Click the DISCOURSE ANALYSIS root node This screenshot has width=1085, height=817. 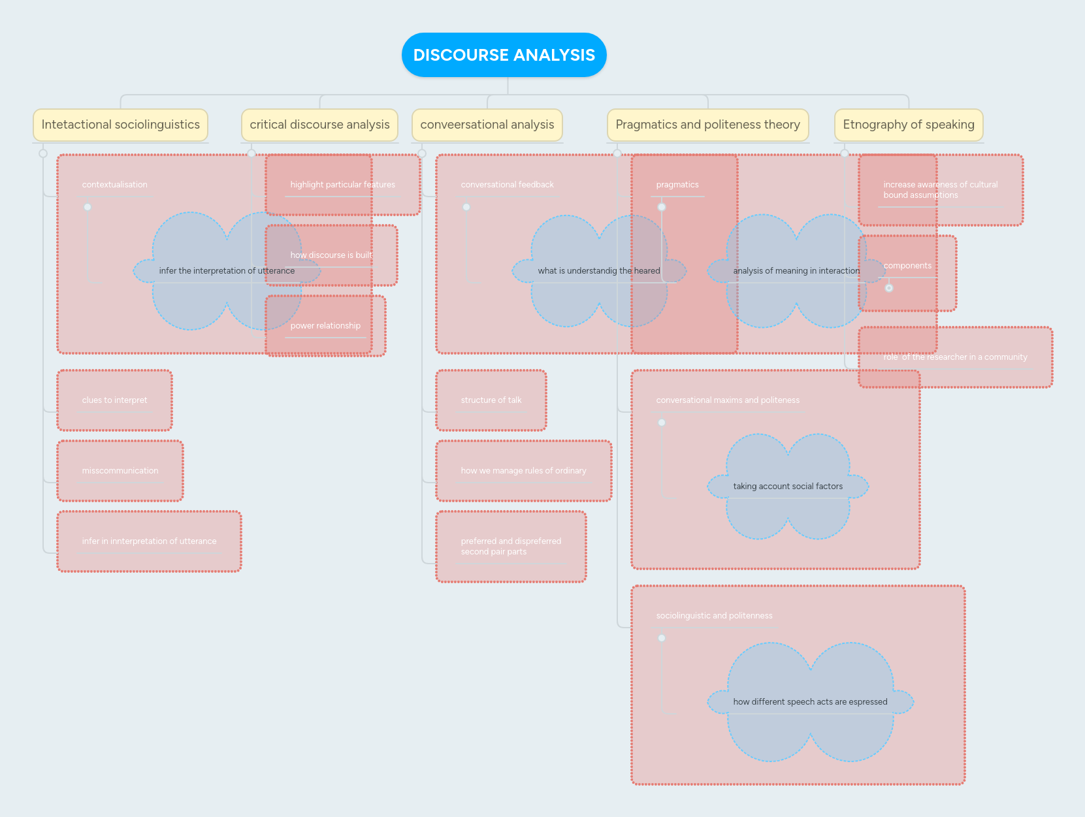click(x=504, y=55)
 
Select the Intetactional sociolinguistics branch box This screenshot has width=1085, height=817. click(x=121, y=125)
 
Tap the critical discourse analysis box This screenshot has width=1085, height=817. click(x=319, y=125)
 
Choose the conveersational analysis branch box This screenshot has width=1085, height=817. click(x=487, y=125)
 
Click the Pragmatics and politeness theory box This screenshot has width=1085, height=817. click(x=707, y=125)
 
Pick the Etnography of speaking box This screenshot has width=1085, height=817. click(x=908, y=125)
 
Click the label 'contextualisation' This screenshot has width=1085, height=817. click(x=115, y=185)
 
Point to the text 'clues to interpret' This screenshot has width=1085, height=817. click(x=115, y=400)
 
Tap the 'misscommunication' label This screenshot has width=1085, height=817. click(x=120, y=471)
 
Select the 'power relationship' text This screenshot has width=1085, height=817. click(x=325, y=326)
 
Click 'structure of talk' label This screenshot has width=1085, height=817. click(x=491, y=400)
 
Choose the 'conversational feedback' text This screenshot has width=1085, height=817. click(x=507, y=185)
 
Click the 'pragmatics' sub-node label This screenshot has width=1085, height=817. click(x=677, y=185)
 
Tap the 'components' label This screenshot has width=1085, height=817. click(x=907, y=266)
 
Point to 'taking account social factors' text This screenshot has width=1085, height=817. click(x=788, y=487)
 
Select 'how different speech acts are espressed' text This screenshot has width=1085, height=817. click(x=810, y=702)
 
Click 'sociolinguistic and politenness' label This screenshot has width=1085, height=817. click(x=714, y=616)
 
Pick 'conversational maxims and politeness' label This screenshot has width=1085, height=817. click(x=728, y=400)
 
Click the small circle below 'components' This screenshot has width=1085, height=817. click(x=889, y=288)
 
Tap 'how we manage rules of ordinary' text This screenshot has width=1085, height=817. click(x=523, y=471)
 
